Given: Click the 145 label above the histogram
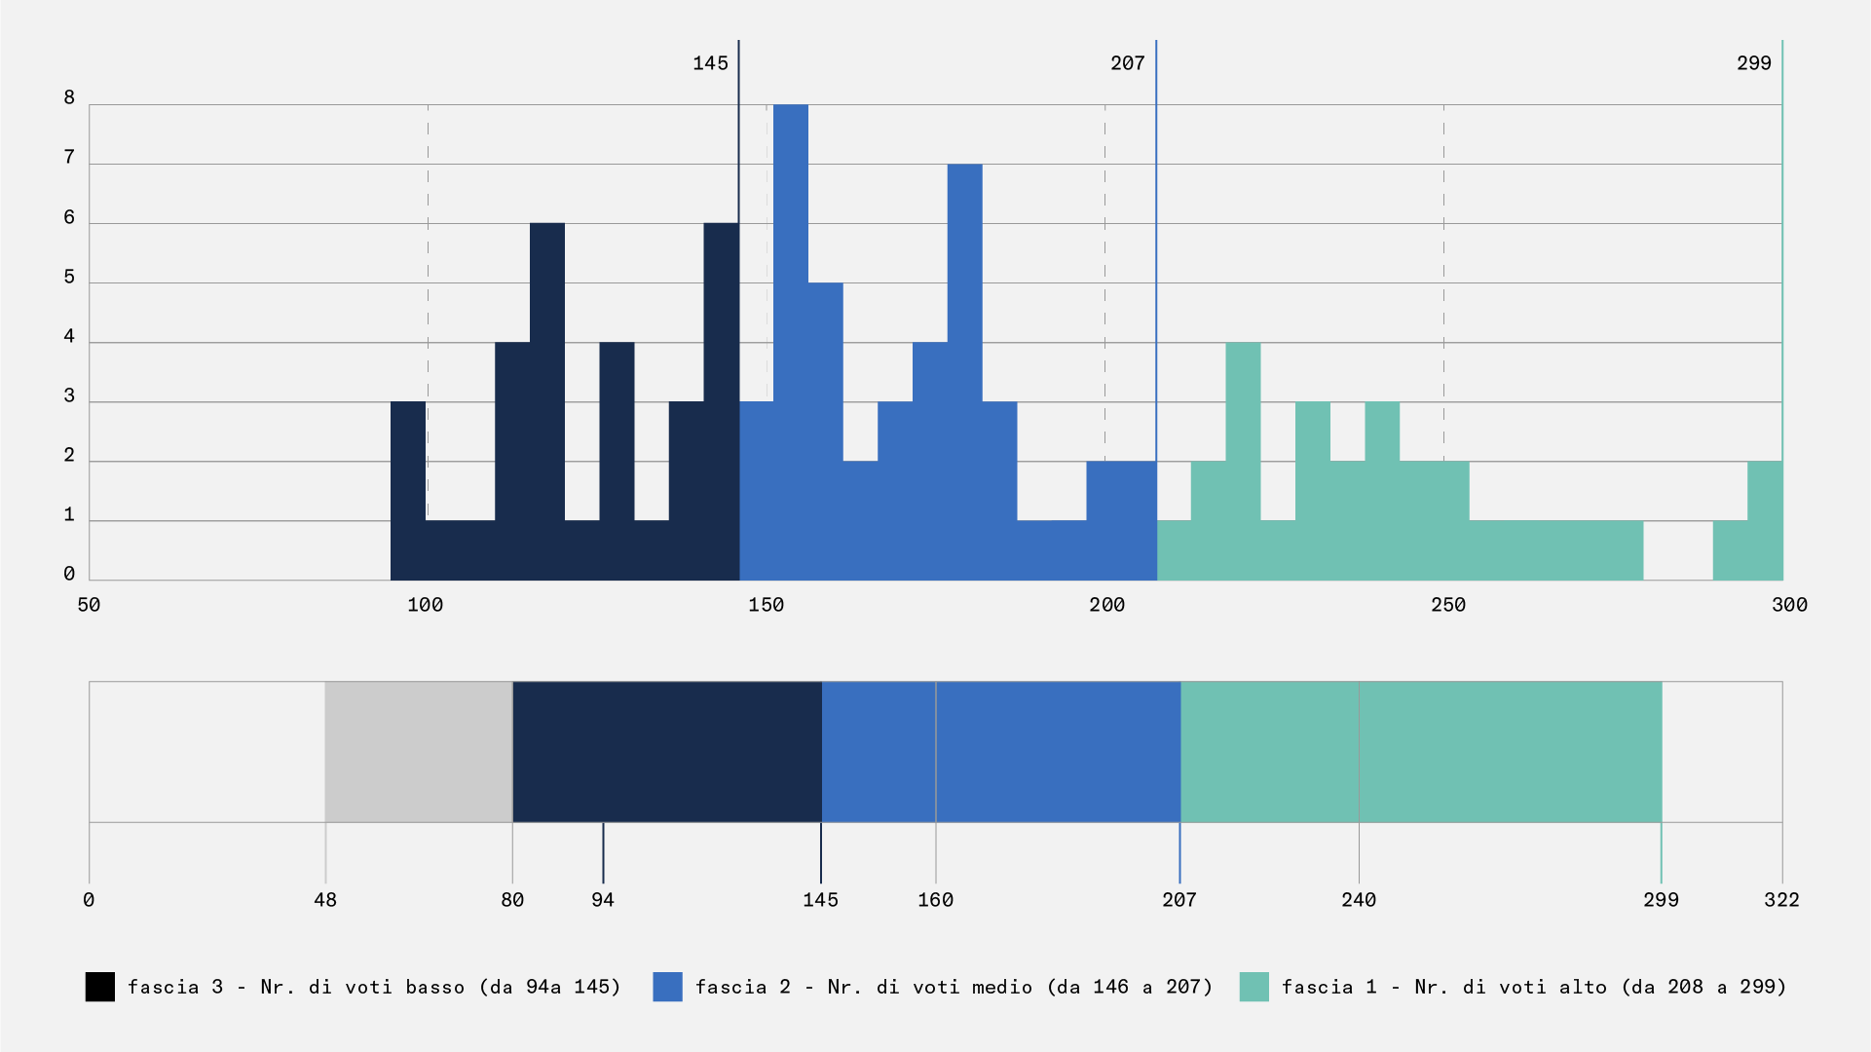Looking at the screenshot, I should (x=710, y=63).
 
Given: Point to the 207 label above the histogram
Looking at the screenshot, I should (x=1128, y=63).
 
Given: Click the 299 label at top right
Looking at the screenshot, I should (x=1753, y=63).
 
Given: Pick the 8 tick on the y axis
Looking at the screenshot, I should (x=69, y=97).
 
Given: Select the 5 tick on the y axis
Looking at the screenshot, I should (x=69, y=277).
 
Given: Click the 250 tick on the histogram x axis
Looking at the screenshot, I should (x=1448, y=605).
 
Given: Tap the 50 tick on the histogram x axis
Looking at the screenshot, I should (x=89, y=605).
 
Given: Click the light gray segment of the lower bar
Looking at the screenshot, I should (x=419, y=751).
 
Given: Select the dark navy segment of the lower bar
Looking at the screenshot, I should (x=667, y=751).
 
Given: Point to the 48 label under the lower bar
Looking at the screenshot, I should (x=325, y=900).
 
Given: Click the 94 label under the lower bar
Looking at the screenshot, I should (x=603, y=900).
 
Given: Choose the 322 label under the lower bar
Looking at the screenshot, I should (x=1781, y=900).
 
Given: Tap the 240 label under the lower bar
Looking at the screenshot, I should (x=1359, y=900).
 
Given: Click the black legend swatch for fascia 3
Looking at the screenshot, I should (x=100, y=987).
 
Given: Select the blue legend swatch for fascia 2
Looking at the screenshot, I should (x=667, y=987).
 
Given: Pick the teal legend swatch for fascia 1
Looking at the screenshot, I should (x=1254, y=987).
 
